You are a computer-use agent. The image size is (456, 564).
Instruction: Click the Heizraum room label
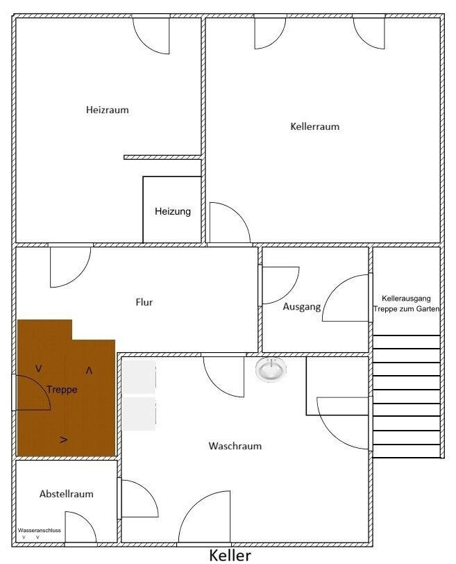pyautogui.click(x=107, y=110)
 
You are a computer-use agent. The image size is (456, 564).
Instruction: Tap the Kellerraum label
pyautogui.click(x=315, y=126)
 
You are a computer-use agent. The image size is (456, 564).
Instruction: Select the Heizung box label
pyautogui.click(x=173, y=211)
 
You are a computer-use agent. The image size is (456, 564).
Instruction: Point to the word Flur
pyautogui.click(x=144, y=302)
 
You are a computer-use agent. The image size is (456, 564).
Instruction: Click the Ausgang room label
pyautogui.click(x=301, y=307)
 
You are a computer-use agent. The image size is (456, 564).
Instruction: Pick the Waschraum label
pyautogui.click(x=235, y=446)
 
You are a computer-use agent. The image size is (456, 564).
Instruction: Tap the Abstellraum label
pyautogui.click(x=66, y=494)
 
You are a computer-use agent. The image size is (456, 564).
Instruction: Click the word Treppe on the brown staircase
pyautogui.click(x=62, y=390)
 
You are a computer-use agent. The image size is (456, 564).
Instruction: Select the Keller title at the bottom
pyautogui.click(x=230, y=556)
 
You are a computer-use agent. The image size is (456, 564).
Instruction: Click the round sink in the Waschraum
pyautogui.click(x=271, y=370)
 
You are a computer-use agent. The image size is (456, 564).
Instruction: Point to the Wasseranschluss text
pyautogui.click(x=39, y=531)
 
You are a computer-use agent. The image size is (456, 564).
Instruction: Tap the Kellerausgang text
pyautogui.click(x=406, y=299)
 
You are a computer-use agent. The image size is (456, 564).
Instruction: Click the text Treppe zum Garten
pyautogui.click(x=407, y=308)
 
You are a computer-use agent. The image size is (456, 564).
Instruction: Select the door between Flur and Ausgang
pyautogui.click(x=280, y=285)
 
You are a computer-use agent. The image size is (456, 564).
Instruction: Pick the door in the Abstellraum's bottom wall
pyautogui.click(x=81, y=526)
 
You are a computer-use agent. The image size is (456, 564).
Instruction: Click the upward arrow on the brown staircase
pyautogui.click(x=89, y=370)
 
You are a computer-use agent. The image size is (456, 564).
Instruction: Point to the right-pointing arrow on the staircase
pyautogui.click(x=64, y=439)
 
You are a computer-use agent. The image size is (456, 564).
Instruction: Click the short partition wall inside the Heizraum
pyautogui.click(x=162, y=157)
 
